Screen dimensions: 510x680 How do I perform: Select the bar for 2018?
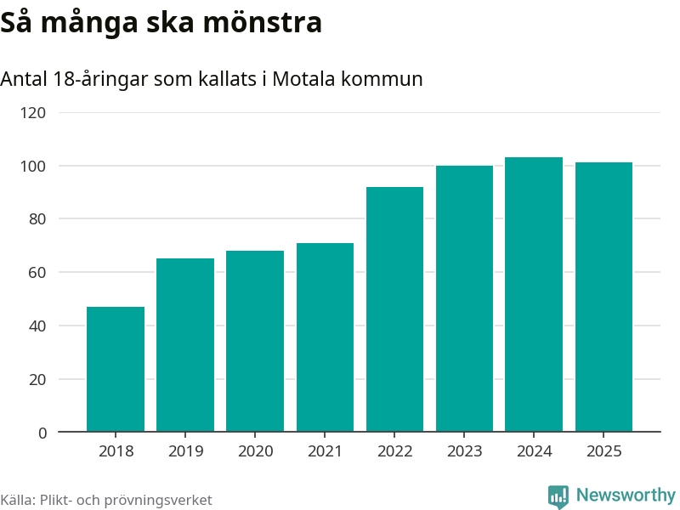point(116,369)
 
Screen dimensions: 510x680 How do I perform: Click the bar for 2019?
point(185,345)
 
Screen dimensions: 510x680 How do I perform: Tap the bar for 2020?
point(255,341)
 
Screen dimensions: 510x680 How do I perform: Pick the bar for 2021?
point(325,337)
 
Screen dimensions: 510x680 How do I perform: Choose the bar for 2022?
point(394,309)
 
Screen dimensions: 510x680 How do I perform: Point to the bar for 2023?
point(464,298)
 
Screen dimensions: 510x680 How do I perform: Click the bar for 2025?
point(603,297)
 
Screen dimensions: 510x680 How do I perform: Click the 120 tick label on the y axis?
point(35,112)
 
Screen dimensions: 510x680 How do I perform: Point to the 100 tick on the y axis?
point(35,166)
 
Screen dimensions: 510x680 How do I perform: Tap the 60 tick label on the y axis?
point(39,272)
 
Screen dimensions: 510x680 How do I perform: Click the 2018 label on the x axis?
point(116,451)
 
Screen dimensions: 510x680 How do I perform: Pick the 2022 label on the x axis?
point(394,451)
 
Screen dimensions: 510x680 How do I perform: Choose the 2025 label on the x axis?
point(603,451)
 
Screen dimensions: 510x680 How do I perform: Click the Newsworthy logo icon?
point(558,496)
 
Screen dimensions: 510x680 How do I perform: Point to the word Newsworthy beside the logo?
point(626,496)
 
